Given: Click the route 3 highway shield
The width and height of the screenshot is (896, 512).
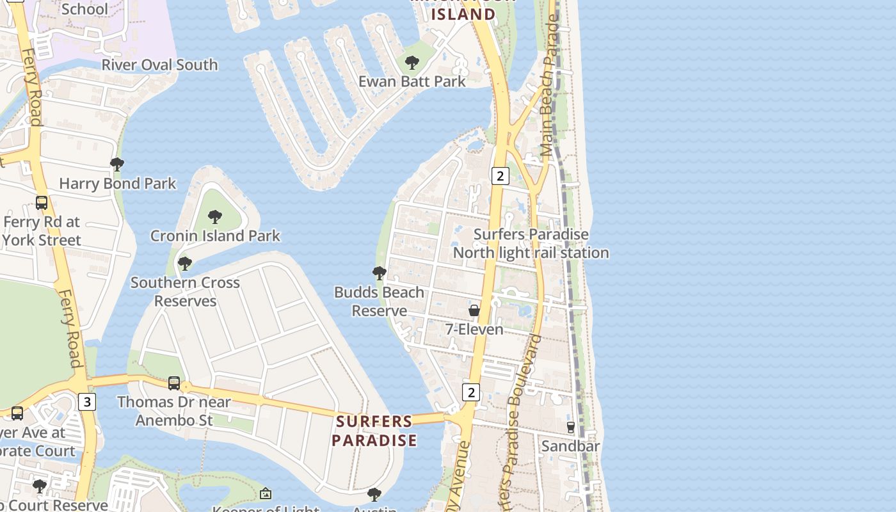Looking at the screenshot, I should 87,401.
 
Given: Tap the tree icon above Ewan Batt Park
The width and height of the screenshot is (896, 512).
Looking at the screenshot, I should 412,63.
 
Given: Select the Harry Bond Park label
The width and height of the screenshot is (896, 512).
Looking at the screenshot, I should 117,184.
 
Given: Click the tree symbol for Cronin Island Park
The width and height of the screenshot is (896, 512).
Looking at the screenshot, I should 215,216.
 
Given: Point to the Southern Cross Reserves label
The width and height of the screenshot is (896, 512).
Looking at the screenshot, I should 185,291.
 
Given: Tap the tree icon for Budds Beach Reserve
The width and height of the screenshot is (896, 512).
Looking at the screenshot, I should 379,273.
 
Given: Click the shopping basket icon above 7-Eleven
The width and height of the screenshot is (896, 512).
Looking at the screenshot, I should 474,310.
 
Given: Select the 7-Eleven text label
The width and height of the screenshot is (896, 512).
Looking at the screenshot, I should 474,329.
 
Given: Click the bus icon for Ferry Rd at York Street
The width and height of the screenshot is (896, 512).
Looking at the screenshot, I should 42,203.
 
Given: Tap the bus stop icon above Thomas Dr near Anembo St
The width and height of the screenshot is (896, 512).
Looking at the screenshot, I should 174,383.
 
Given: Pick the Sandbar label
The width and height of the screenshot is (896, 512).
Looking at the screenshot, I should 570,445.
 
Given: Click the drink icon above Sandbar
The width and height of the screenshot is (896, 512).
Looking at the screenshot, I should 570,427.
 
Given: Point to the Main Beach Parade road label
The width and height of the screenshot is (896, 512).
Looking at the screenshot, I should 549,86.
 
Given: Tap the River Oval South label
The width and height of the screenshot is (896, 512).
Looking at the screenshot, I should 159,65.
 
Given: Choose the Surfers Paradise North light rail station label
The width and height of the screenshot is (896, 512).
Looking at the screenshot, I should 531,243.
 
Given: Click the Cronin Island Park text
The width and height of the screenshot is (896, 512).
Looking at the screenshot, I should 215,236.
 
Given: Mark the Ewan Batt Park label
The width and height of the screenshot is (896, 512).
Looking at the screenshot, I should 412,81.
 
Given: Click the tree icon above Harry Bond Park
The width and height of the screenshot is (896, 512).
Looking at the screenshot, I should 117,164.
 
